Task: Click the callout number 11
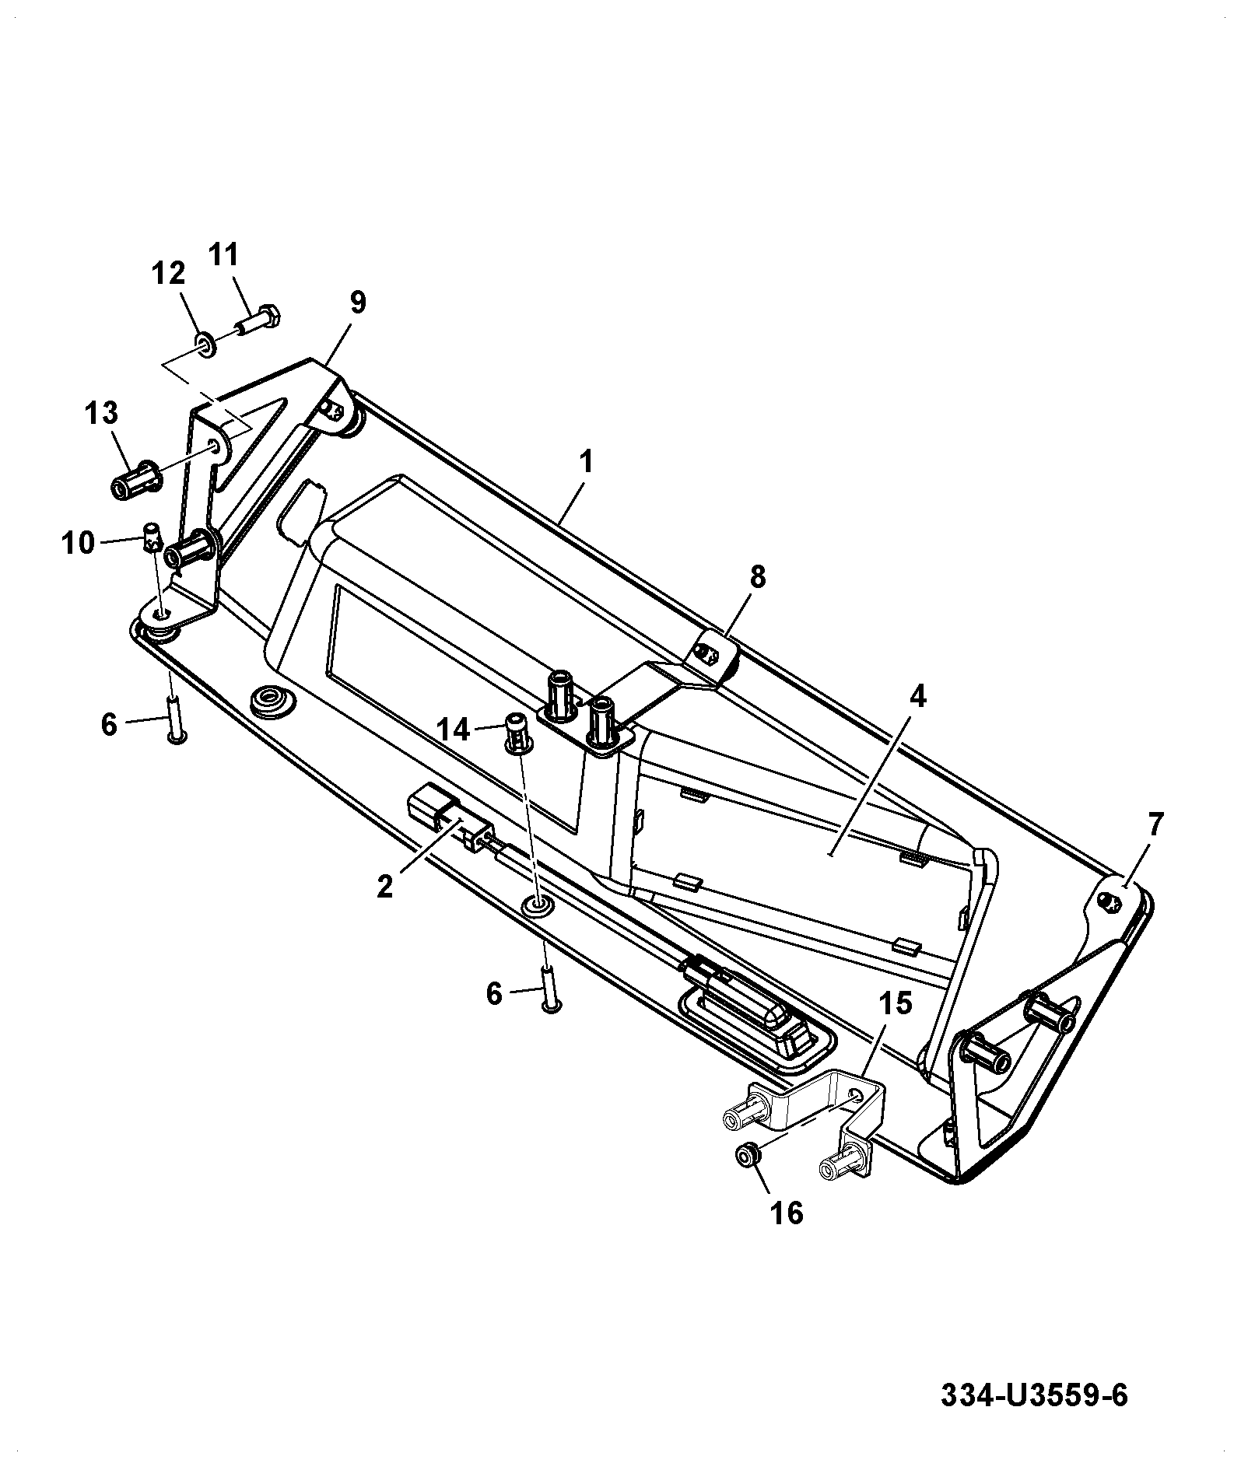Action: (x=224, y=255)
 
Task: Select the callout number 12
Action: (x=169, y=274)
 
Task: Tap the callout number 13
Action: (x=101, y=413)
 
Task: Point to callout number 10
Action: (x=79, y=543)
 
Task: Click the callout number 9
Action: (x=357, y=303)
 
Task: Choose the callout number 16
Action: (x=786, y=1213)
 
